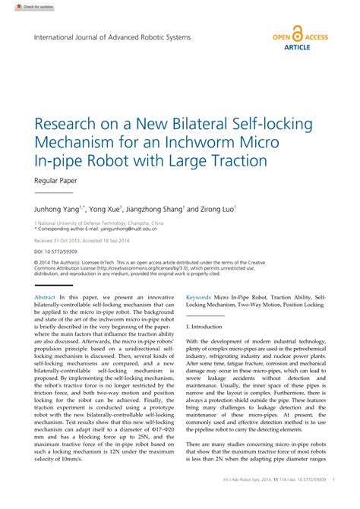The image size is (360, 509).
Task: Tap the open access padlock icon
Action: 297,36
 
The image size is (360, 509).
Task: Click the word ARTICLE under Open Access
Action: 297,46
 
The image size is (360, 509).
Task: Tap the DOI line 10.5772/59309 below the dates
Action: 53,249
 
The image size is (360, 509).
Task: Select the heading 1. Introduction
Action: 204,326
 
